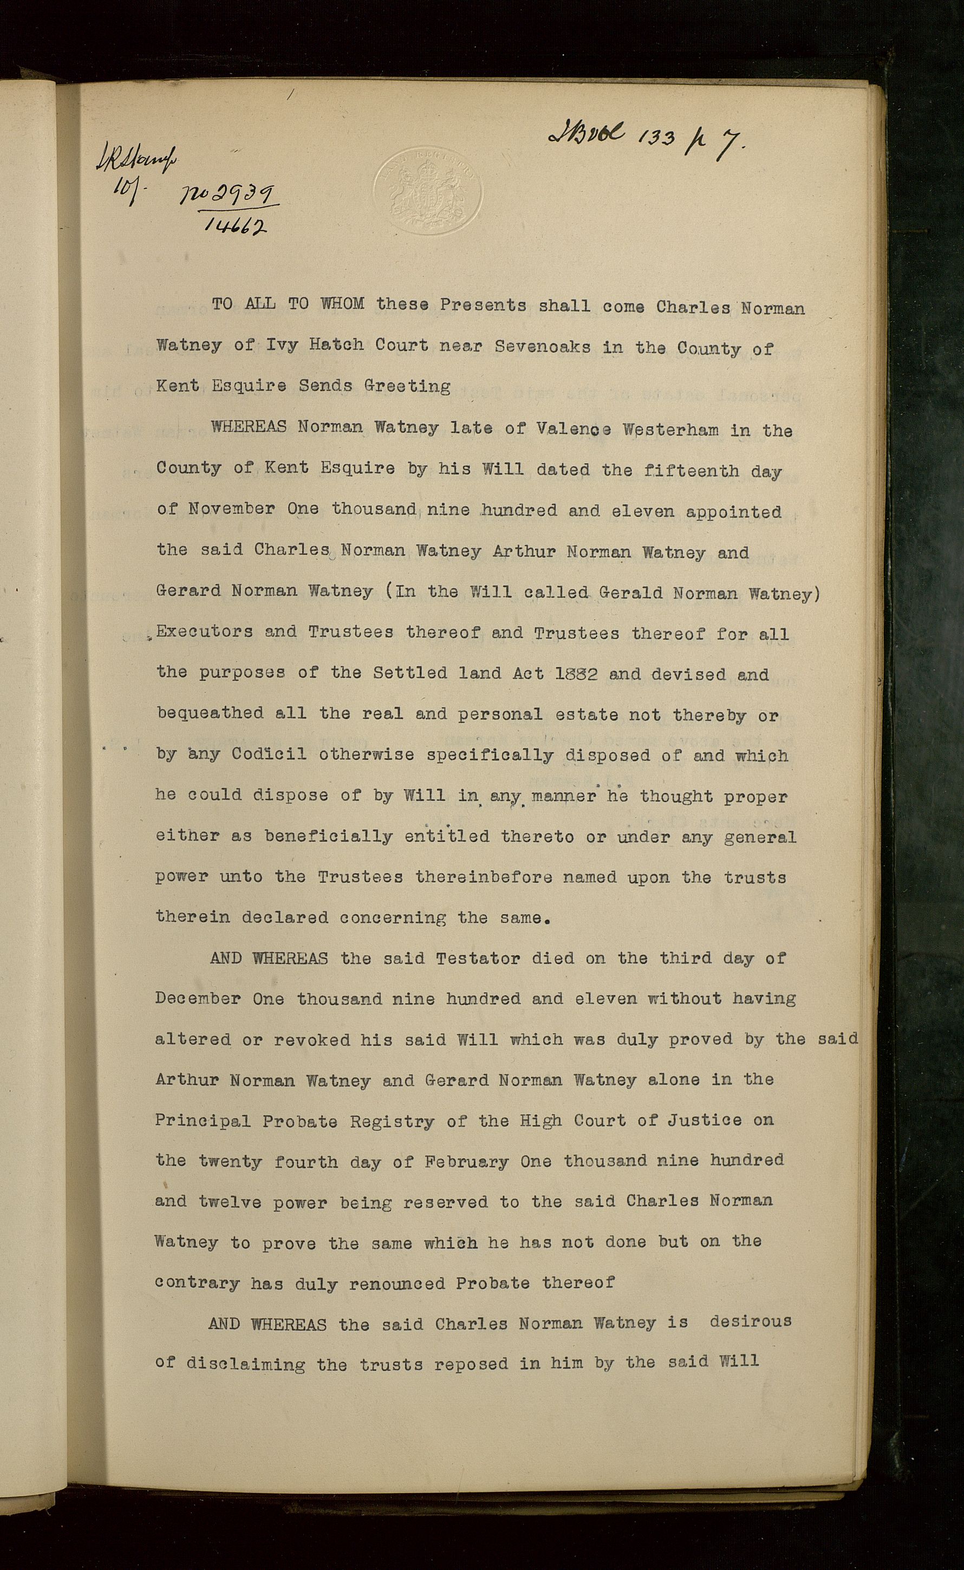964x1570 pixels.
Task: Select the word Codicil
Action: [269, 754]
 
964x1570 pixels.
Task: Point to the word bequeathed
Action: [210, 713]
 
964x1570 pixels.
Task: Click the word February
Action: [467, 1162]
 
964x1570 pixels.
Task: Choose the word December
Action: [198, 998]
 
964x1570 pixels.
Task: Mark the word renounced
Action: [396, 1282]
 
